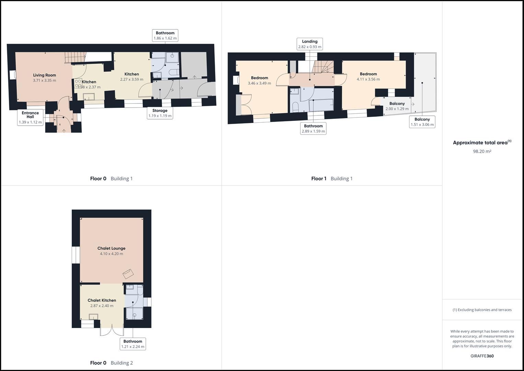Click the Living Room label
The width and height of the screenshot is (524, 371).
pyautogui.click(x=45, y=75)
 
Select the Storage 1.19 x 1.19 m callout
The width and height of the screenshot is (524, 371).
pyautogui.click(x=160, y=113)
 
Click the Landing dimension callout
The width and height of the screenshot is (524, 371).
pyautogui.click(x=310, y=44)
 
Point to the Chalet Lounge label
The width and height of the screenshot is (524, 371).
pyautogui.click(x=112, y=248)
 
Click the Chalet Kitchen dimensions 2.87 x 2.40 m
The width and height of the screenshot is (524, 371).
pyautogui.click(x=102, y=306)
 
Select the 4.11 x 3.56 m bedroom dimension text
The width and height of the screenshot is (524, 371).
pyautogui.click(x=368, y=79)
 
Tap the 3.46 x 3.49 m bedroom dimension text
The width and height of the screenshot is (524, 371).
pyautogui.click(x=259, y=83)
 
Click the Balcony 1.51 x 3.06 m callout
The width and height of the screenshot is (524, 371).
pyautogui.click(x=422, y=122)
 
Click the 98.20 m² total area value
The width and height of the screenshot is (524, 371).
pyautogui.click(x=482, y=151)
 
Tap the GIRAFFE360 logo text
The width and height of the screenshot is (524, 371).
pyautogui.click(x=482, y=356)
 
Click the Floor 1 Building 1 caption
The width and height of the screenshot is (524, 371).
pyautogui.click(x=332, y=179)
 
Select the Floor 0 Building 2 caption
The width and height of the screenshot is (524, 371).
pyautogui.click(x=111, y=363)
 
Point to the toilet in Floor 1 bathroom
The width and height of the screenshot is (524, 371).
pyautogui.click(x=295, y=107)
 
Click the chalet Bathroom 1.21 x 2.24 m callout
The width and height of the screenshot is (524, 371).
pyautogui.click(x=133, y=344)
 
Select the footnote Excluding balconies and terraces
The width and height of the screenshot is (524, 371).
pyautogui.click(x=482, y=310)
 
